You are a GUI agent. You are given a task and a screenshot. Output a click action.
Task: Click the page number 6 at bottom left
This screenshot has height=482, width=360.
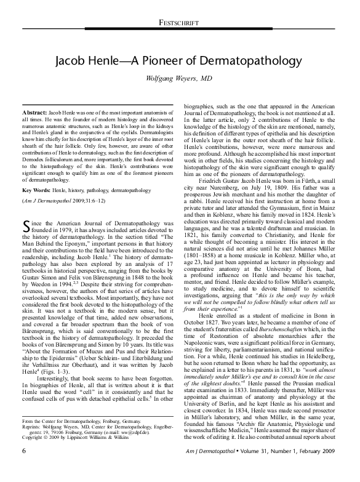click(24, 468)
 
